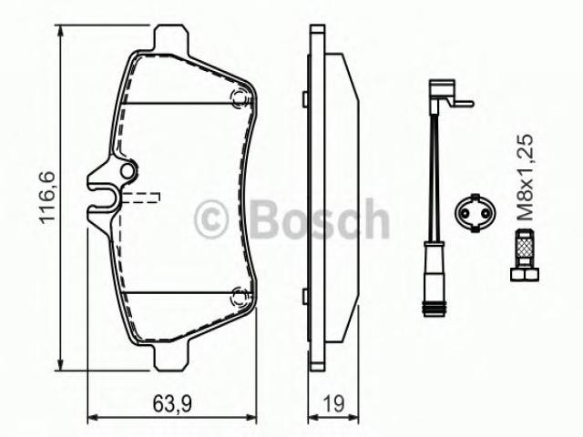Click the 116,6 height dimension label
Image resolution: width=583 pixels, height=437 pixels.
click(47, 198)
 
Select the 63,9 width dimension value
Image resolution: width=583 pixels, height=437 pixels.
click(172, 404)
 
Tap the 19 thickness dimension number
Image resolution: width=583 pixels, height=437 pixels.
click(333, 404)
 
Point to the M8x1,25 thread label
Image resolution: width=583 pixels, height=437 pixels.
click(526, 178)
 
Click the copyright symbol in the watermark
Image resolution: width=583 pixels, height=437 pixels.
click(210, 218)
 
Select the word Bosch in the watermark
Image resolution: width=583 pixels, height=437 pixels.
click(320, 218)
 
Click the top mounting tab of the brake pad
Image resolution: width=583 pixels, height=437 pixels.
click(171, 37)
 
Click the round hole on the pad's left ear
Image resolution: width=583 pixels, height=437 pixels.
click(128, 171)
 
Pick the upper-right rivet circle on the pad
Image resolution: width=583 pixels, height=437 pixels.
click(239, 98)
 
